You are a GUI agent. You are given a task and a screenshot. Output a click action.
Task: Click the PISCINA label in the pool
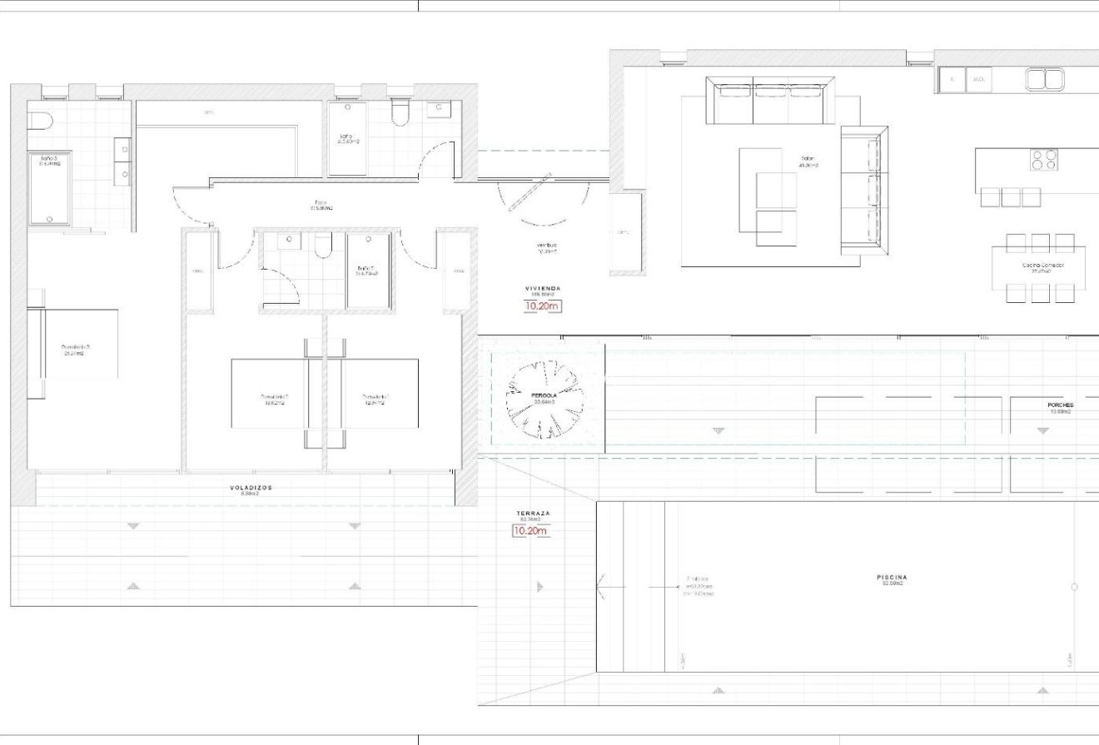892,578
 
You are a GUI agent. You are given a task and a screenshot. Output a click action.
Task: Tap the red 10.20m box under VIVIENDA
542,306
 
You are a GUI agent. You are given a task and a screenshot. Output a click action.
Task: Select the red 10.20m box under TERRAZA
530,531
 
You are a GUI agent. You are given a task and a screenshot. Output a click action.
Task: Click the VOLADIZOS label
251,488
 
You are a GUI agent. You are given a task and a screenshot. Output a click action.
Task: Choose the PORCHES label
1061,405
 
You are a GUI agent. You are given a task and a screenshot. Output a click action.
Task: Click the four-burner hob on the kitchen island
1043,159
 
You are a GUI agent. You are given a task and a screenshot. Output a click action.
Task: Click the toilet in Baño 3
40,122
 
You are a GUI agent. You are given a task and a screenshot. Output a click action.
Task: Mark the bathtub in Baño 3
50,188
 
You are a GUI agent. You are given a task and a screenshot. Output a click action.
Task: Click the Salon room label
808,159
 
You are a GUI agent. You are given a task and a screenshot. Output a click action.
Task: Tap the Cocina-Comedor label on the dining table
1042,266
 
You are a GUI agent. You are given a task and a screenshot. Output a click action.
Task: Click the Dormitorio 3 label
75,347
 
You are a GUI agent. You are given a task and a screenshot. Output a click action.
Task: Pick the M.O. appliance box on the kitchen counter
978,80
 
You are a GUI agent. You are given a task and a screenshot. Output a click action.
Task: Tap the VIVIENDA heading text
542,288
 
